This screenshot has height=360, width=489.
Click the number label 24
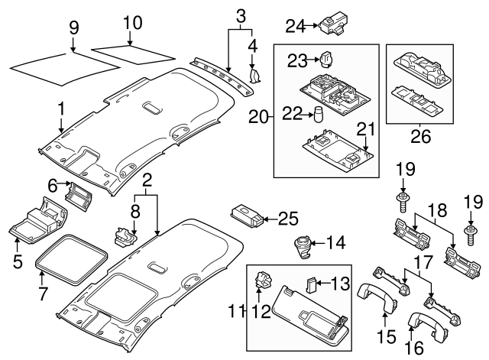(294, 25)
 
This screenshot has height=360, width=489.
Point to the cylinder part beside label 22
(315, 115)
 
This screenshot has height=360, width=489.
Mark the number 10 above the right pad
(132, 24)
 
